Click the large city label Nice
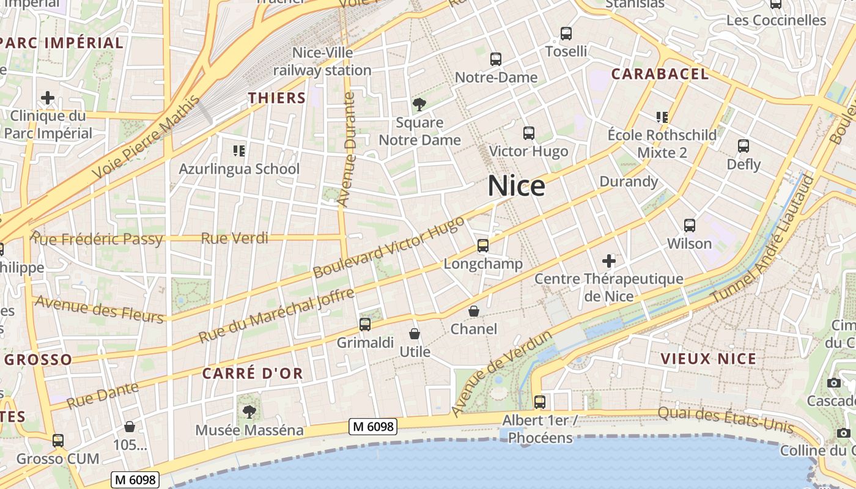tap(516, 186)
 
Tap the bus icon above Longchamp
tap(483, 246)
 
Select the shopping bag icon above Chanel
tap(473, 311)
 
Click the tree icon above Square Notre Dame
tap(419, 105)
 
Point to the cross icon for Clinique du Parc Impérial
tap(47, 98)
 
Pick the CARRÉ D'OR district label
tap(253, 373)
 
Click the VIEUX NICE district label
tap(709, 359)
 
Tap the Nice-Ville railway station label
tap(322, 62)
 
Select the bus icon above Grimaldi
tap(365, 325)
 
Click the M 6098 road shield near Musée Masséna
tap(373, 427)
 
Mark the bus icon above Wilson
tap(690, 226)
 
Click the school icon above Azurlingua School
tap(239, 150)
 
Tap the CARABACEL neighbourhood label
tap(660, 74)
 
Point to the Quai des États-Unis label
tap(725, 419)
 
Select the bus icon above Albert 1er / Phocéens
tap(539, 402)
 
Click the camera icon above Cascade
tap(833, 383)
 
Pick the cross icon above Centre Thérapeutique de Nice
tap(608, 261)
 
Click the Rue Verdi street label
tap(235, 238)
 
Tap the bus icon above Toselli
tap(566, 34)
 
